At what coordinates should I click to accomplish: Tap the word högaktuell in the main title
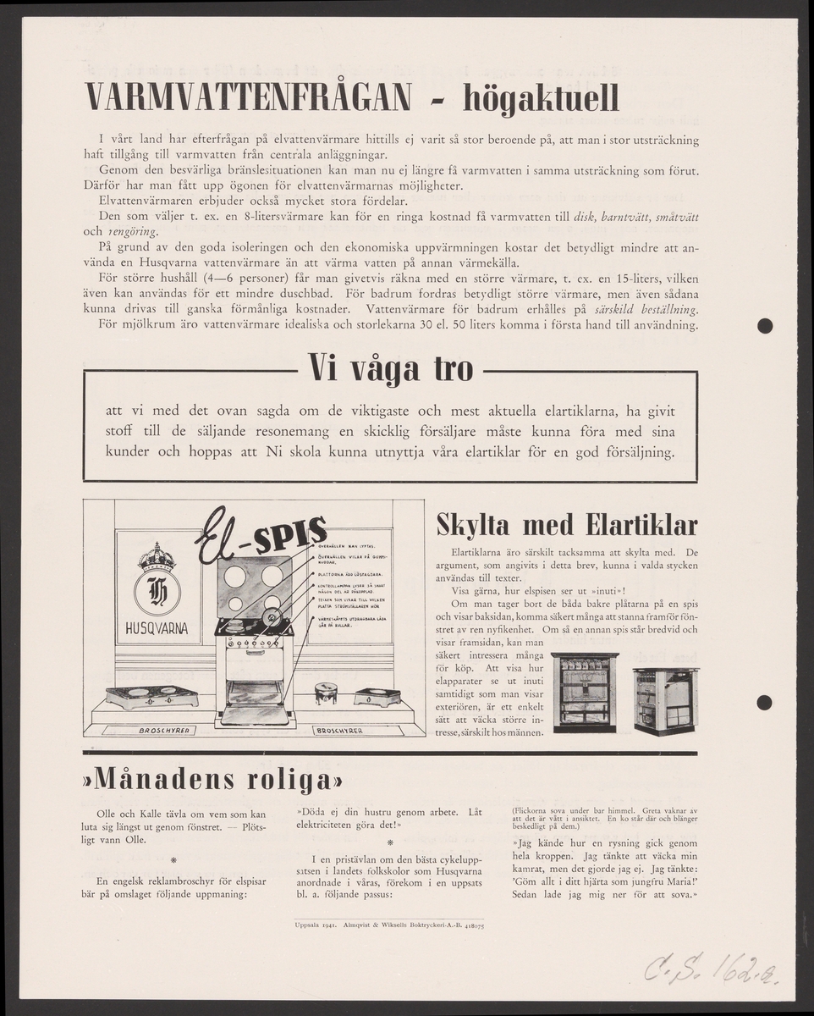[x=541, y=98]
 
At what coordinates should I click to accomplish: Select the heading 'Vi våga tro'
[x=390, y=371]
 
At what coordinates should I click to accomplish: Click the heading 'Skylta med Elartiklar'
[x=565, y=524]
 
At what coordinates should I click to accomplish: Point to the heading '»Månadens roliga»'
[x=213, y=776]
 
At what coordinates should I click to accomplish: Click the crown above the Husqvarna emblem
[x=157, y=557]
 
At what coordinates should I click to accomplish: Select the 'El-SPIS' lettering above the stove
[x=261, y=540]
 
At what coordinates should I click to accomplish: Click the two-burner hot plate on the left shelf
[x=152, y=696]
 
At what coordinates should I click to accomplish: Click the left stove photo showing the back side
[x=584, y=691]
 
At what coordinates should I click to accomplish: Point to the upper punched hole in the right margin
[x=766, y=325]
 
